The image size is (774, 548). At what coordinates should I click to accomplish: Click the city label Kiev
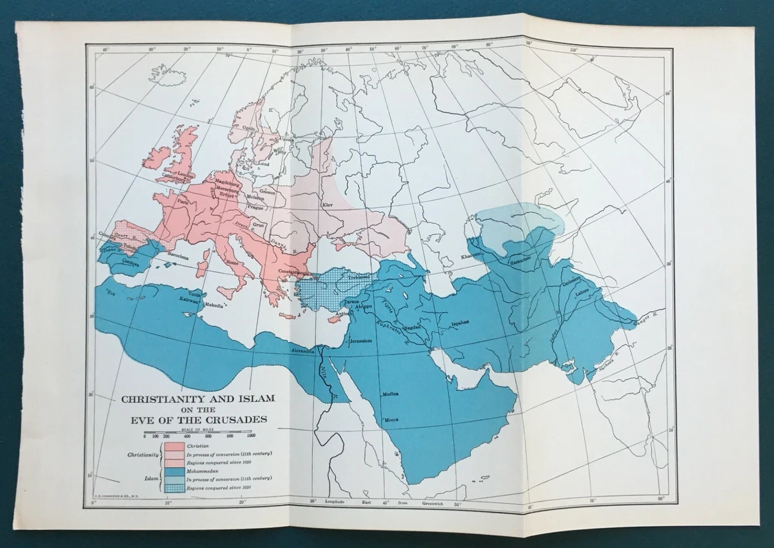[x=327, y=205]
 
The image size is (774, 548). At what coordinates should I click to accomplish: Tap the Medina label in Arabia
[x=391, y=393]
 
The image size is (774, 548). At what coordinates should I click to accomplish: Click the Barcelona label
[x=179, y=256]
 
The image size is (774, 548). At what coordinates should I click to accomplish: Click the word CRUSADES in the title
[x=234, y=420]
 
